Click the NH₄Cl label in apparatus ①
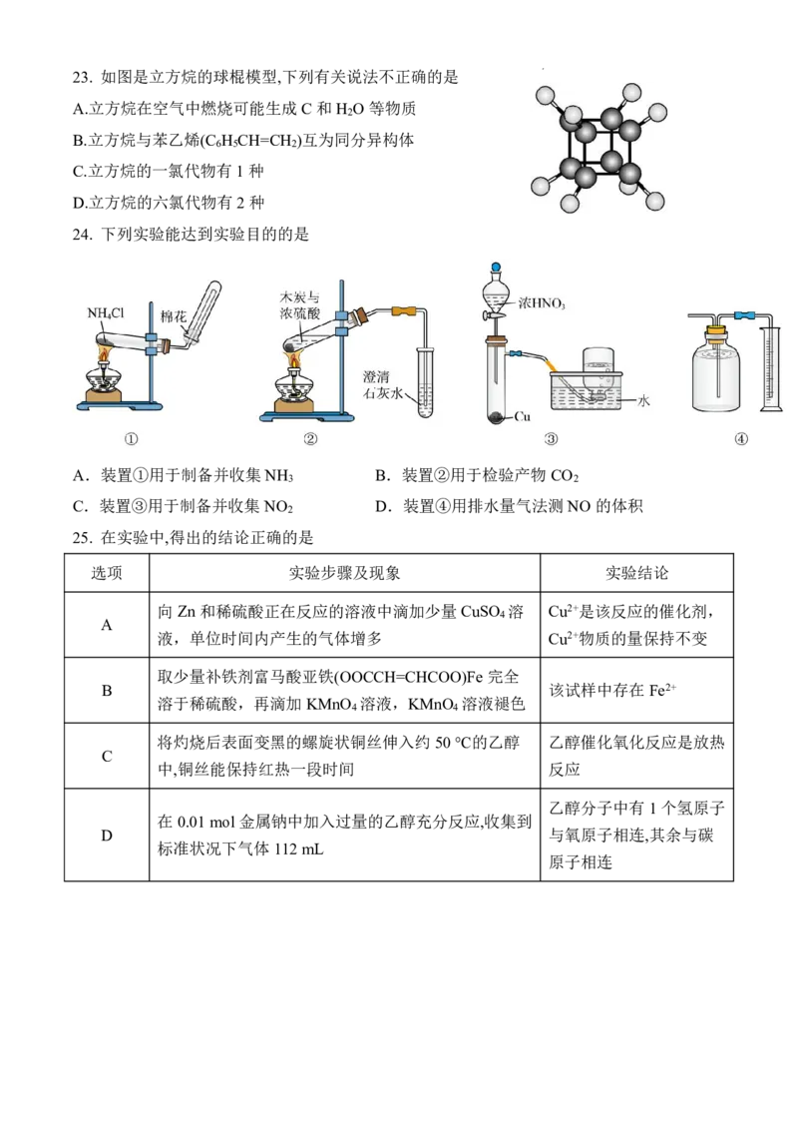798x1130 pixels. point(105,313)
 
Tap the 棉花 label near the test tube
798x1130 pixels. point(173,316)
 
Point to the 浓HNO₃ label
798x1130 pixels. point(542,303)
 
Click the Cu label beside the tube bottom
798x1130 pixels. point(522,416)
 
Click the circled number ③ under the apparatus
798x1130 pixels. point(551,439)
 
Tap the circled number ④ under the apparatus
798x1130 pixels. point(741,439)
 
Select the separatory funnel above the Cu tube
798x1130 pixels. point(495,295)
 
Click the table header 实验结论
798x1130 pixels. point(636,574)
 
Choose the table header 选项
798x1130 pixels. point(107,574)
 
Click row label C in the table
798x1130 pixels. point(107,756)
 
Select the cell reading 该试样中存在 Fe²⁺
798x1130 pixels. point(612,691)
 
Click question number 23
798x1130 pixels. point(82,78)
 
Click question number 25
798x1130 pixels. point(82,538)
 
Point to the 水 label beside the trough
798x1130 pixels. point(643,400)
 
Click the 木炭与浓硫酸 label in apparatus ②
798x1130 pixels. point(300,304)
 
